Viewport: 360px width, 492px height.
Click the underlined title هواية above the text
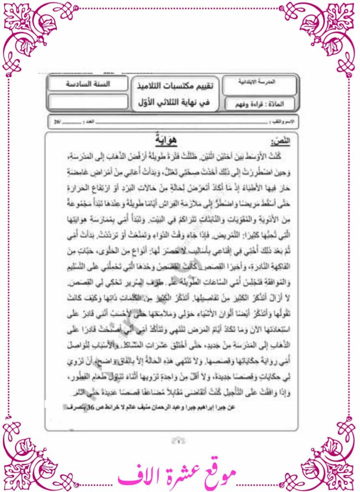[166, 140]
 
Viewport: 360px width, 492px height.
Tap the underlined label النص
[281, 140]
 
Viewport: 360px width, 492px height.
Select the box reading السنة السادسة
[88, 84]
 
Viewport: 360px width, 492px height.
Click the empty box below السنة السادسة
[88, 102]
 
